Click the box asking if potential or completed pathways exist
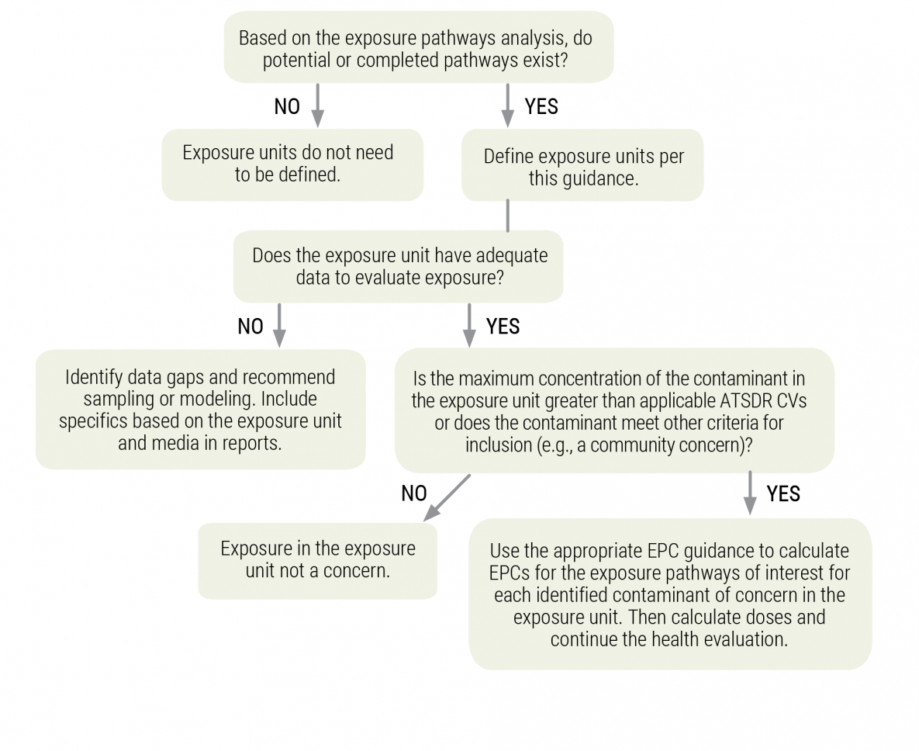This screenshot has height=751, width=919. [418, 48]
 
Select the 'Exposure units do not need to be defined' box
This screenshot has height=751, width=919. [292, 164]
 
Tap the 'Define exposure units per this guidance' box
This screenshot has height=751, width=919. [583, 166]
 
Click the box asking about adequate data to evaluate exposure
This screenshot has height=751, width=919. [399, 266]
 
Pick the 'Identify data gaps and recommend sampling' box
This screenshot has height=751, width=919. [201, 409]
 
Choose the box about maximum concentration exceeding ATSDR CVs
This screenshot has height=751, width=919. [613, 411]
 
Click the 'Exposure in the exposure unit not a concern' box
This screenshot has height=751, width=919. [317, 559]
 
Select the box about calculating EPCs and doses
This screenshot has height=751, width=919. [669, 594]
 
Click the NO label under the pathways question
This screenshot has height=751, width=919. [287, 107]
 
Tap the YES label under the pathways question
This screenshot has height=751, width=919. [541, 107]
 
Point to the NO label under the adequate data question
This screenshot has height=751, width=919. [250, 327]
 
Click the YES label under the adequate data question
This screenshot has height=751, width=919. [503, 327]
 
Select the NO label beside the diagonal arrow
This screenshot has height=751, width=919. [414, 493]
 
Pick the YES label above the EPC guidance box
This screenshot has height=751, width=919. [783, 493]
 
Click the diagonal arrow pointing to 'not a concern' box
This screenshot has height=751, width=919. [447, 497]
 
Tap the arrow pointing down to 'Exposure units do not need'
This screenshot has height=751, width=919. [317, 106]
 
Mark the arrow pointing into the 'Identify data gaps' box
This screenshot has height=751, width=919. [279, 325]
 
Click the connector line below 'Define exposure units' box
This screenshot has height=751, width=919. [508, 215]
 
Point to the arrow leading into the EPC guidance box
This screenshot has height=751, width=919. [750, 492]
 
